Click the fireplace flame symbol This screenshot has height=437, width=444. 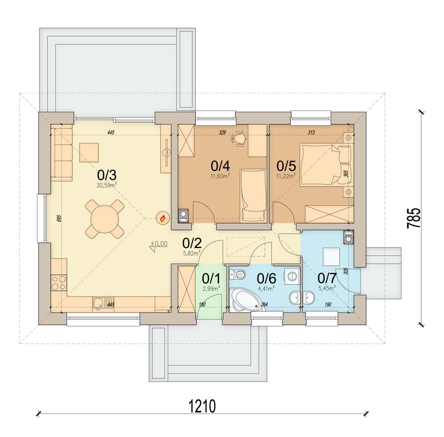163,218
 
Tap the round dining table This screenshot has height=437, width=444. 104,219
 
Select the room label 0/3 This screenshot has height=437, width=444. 107,175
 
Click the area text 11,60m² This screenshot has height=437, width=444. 220,176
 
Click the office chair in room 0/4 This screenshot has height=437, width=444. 239,138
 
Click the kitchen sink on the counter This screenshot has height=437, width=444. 103,304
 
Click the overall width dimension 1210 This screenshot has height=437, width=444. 202,406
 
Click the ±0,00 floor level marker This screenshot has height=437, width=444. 159,244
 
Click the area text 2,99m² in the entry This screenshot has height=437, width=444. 211,289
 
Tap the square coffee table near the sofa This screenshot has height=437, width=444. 89,152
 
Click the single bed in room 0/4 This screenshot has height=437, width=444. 254,196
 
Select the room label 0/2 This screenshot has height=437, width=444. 192,243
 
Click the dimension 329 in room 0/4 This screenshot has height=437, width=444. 222,132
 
